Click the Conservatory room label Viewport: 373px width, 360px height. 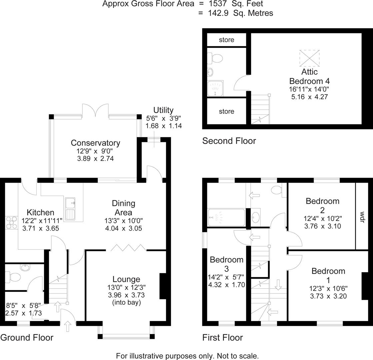(95, 143)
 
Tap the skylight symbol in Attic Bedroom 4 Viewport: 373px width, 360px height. (309, 58)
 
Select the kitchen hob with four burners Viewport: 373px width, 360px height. (12, 223)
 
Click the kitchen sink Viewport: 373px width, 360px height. (70, 209)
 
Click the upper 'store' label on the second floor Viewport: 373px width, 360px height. (226, 40)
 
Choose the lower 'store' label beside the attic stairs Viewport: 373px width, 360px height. (226, 111)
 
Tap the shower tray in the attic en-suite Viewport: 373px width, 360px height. (215, 88)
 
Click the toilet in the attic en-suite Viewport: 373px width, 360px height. (216, 59)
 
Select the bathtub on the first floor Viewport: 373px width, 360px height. (226, 218)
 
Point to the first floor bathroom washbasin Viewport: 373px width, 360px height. (256, 218)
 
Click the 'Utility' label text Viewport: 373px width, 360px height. (163, 110)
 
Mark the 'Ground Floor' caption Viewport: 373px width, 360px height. (27, 338)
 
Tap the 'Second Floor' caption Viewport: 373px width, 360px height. (229, 141)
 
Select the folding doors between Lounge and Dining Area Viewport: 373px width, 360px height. (128, 248)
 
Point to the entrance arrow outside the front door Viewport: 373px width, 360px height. (68, 326)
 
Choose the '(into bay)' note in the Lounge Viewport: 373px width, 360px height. (126, 303)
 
